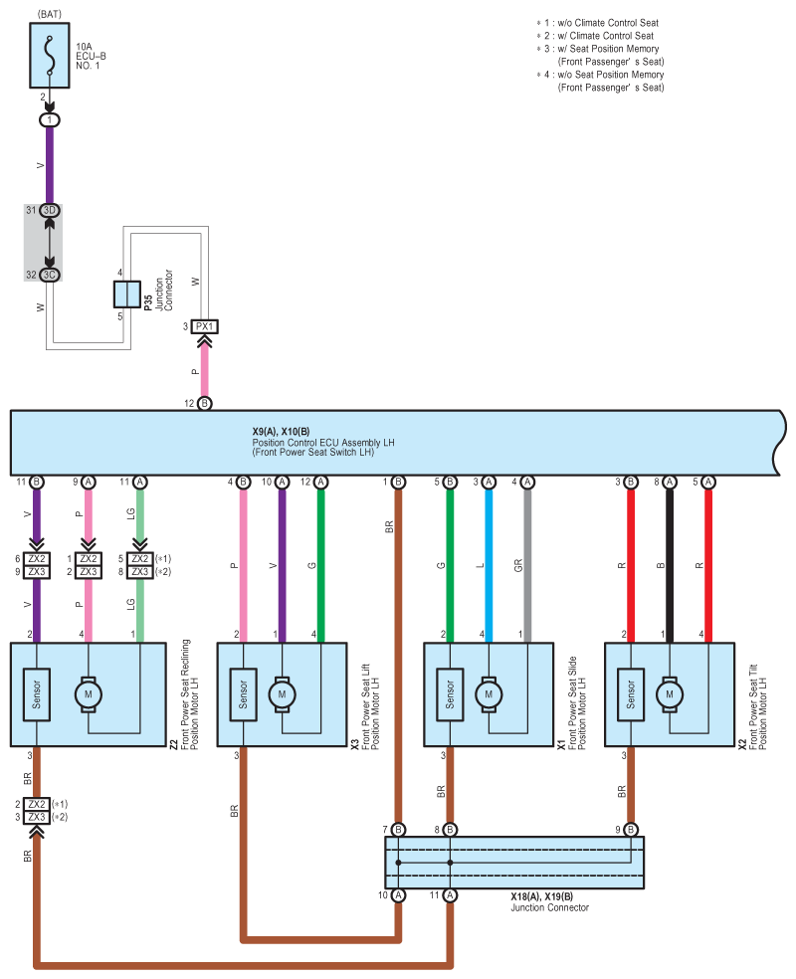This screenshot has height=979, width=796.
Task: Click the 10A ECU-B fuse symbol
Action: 50,56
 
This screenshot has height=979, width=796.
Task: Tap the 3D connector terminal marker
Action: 50,210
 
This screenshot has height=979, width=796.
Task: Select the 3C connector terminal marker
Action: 50,275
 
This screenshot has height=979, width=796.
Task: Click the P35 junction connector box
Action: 126,294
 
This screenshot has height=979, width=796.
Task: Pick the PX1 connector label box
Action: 204,326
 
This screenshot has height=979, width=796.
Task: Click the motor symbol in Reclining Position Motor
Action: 88,694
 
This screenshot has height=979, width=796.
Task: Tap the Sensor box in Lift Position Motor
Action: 243,694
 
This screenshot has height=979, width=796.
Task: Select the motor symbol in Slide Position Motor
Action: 489,694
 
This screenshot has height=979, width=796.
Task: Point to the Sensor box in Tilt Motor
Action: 631,694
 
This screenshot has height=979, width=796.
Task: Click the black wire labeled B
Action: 670,566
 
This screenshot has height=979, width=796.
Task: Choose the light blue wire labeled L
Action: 489,566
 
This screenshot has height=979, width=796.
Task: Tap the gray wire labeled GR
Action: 527,566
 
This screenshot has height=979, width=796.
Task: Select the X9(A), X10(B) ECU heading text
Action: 281,432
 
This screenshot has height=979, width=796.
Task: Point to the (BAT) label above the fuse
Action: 50,14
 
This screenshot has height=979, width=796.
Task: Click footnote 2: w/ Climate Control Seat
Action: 595,36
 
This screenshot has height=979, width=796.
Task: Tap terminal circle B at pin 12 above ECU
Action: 204,403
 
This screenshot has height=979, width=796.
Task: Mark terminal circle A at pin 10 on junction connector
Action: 398,895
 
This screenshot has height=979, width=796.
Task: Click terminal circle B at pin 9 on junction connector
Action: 631,830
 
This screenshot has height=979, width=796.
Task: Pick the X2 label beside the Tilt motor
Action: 742,744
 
